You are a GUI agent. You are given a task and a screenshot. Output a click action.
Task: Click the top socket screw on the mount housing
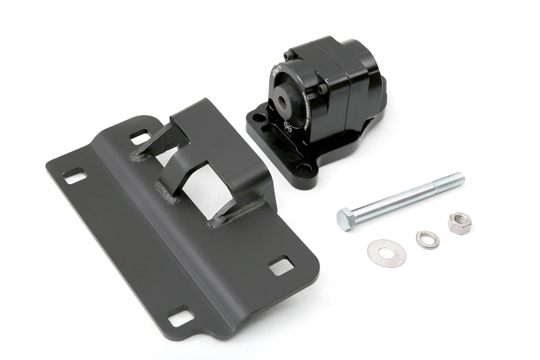pyautogui.click(x=287, y=56)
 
